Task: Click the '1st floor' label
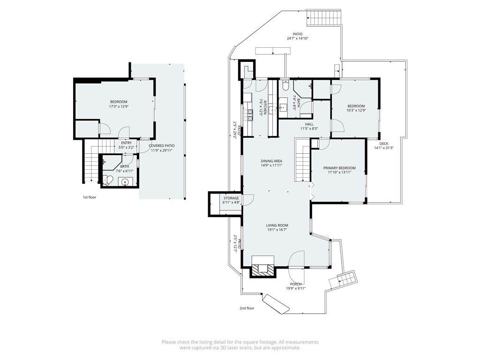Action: pyautogui.click(x=90, y=197)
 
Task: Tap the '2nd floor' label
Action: pyautogui.click(x=247, y=308)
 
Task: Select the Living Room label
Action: pyautogui.click(x=277, y=225)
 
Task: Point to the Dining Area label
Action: pyautogui.click(x=271, y=161)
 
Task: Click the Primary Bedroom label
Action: pyautogui.click(x=339, y=168)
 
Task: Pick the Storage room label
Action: pyautogui.click(x=231, y=198)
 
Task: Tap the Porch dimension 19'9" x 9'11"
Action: pyautogui.click(x=296, y=288)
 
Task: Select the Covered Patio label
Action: pyautogui.click(x=162, y=146)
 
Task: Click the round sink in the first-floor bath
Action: pyautogui.click(x=125, y=182)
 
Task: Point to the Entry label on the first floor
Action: pyautogui.click(x=127, y=143)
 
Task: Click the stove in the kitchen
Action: pyautogui.click(x=248, y=114)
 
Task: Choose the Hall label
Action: pyautogui.click(x=309, y=124)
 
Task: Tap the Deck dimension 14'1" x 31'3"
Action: pyautogui.click(x=384, y=148)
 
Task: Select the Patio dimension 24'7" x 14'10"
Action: pyautogui.click(x=298, y=38)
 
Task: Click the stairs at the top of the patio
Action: pyautogui.click(x=324, y=18)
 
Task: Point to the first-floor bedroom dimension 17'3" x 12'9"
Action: pyautogui.click(x=119, y=107)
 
